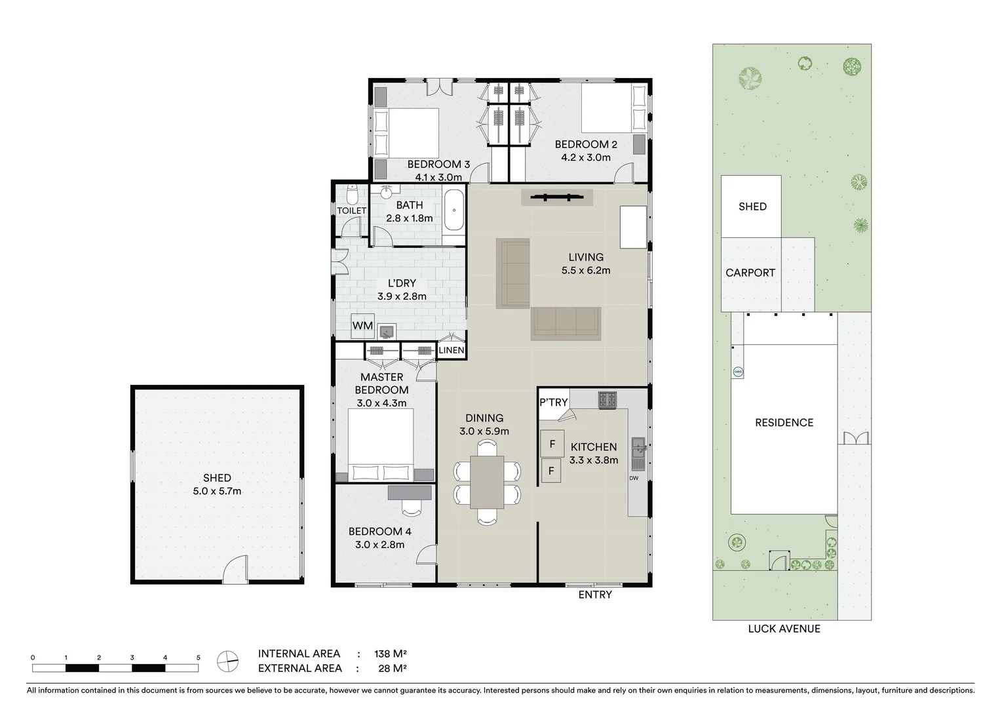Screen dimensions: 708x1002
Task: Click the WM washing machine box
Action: point(362,326)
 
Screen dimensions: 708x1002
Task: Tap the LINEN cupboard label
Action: point(451,350)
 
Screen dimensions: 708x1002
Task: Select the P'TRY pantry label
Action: point(553,402)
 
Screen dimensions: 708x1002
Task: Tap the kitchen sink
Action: point(637,454)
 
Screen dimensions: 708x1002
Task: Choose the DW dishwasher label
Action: point(633,478)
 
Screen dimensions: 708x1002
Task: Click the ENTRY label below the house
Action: point(594,595)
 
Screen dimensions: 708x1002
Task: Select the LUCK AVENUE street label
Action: point(784,629)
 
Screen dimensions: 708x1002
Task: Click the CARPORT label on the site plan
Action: point(750,273)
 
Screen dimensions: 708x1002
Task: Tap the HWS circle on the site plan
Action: point(738,372)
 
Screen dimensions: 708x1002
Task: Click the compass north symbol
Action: point(227,661)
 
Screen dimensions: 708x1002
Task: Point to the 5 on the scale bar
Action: point(198,657)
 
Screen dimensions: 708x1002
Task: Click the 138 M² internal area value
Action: point(390,654)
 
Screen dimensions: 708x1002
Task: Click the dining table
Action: point(487,482)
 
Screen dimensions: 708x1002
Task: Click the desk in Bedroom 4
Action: point(410,492)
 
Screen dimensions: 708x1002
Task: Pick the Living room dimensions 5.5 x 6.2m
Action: point(585,270)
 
